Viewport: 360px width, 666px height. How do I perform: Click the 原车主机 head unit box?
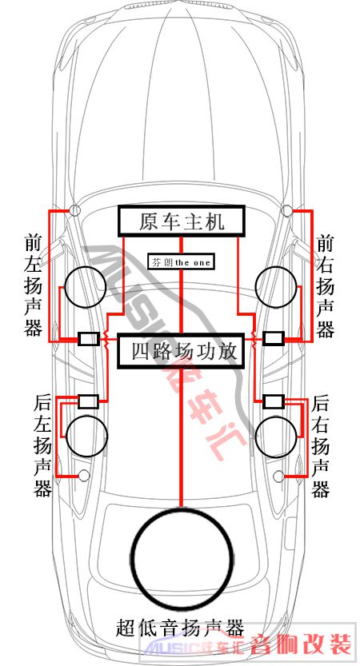tap(181, 221)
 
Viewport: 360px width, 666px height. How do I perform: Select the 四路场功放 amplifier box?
tap(181, 351)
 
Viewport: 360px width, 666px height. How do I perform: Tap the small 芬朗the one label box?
tap(180, 262)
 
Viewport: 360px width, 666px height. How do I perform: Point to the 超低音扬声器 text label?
tap(180, 628)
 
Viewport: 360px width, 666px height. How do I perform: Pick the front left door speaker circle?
tap(85, 287)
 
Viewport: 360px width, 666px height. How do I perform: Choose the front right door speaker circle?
tap(276, 287)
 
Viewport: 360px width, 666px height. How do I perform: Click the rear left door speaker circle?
tap(86, 437)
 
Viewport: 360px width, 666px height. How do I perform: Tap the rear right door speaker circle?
tap(276, 437)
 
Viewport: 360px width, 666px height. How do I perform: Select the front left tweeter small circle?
tap(75, 209)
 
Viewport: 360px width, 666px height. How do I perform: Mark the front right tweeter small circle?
tap(287, 209)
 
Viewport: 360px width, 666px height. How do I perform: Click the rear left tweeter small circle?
tap(84, 477)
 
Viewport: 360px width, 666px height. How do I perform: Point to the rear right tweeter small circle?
tap(279, 477)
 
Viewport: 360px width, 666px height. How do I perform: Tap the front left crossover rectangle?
tap(89, 338)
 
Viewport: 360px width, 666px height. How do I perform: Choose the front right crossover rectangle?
tap(274, 338)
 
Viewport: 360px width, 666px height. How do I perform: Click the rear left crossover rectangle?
tap(89, 401)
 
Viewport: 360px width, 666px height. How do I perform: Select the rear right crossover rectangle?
tap(274, 401)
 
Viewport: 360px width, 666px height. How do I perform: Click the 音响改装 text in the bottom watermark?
tap(301, 644)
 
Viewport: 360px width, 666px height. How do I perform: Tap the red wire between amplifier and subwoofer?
tap(182, 437)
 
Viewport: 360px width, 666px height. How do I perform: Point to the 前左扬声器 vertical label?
tap(33, 285)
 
